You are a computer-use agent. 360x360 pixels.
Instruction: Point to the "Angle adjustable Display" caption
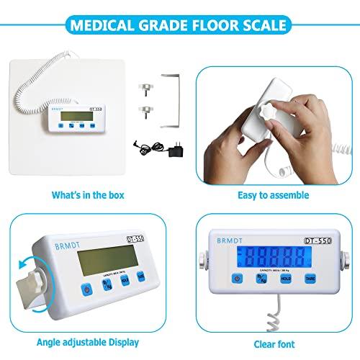click(x=88, y=343)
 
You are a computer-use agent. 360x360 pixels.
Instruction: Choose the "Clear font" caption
click(x=273, y=343)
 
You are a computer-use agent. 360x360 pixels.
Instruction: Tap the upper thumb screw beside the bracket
click(x=145, y=85)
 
